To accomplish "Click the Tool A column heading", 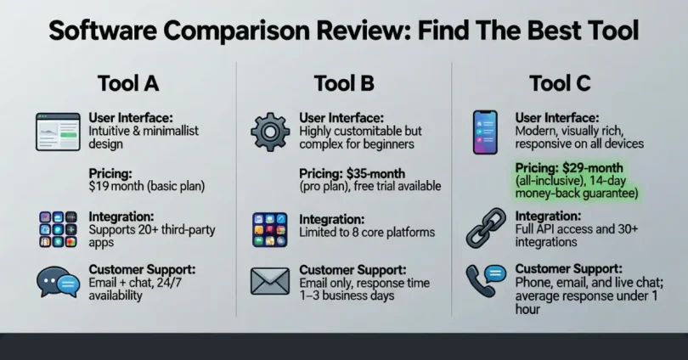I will coord(128,83).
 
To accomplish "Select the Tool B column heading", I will coord(343,83).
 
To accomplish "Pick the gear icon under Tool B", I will coord(270,132).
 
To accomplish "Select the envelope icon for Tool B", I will coord(270,281).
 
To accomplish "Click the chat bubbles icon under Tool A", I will coord(57,282).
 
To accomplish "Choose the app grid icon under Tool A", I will coord(57,228).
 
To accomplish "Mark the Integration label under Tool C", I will coord(549,217).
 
